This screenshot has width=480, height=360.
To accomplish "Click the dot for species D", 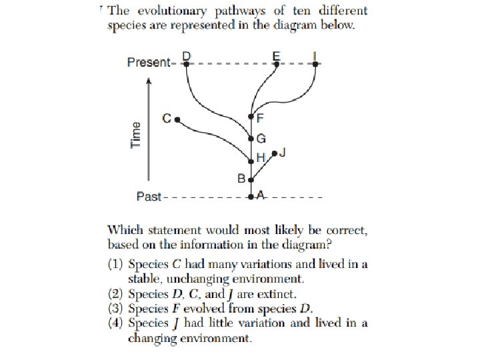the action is [x=187, y=64].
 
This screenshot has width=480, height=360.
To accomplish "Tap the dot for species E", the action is [x=276, y=64].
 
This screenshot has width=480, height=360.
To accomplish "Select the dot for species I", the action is [x=315, y=64].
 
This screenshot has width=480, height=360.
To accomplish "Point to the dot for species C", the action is [x=177, y=119].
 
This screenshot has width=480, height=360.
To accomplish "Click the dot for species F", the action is [x=251, y=118].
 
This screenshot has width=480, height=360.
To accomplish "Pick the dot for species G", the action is [x=251, y=139].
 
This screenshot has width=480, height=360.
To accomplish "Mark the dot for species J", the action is [x=274, y=153].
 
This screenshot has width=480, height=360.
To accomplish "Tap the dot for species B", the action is [x=251, y=179].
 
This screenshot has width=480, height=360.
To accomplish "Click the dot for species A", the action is [x=251, y=197].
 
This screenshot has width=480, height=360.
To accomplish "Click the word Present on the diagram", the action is [x=149, y=63].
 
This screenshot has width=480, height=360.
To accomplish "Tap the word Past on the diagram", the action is [x=149, y=197].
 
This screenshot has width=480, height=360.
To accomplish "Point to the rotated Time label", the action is [x=137, y=135].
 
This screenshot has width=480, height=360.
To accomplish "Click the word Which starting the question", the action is [x=125, y=230].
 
